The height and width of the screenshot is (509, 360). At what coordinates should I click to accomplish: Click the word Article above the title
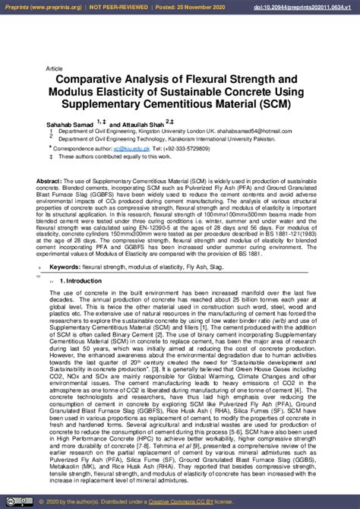point(55,68)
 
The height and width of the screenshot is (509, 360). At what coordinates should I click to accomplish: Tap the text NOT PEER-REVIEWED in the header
point(116,6)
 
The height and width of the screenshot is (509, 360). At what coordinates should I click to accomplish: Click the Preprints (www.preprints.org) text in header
point(38,6)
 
